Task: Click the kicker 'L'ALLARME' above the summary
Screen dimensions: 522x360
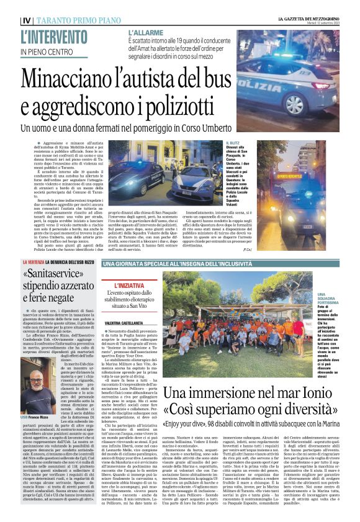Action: click(x=147, y=32)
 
